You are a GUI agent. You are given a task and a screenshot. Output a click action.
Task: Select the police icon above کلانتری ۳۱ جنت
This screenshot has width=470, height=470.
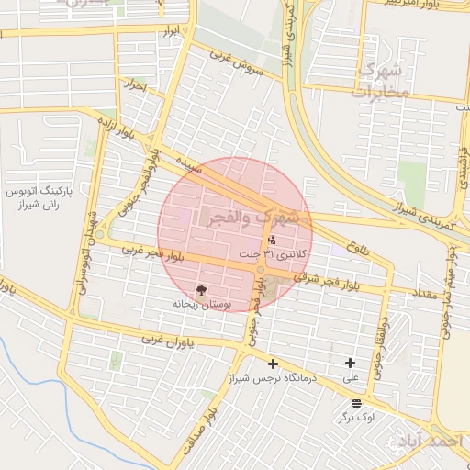(271, 239)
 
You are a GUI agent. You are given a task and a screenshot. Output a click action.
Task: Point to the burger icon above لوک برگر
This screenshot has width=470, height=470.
(356, 402)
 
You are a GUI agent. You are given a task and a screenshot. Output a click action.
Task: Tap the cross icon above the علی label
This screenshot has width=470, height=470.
(350, 364)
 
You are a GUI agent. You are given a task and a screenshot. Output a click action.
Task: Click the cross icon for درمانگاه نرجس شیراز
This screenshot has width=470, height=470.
(272, 364)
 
